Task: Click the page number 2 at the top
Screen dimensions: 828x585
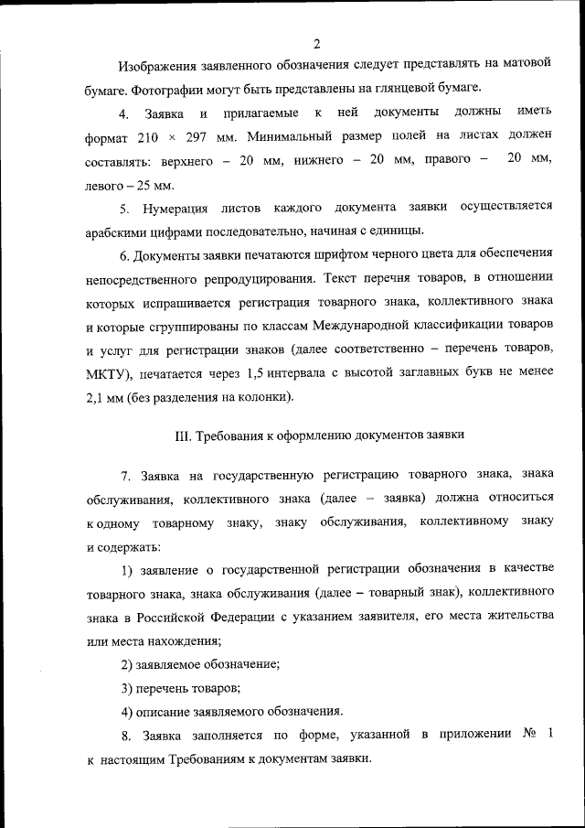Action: (316, 43)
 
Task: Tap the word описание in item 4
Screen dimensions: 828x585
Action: (163, 712)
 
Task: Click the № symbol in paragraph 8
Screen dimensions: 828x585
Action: (528, 736)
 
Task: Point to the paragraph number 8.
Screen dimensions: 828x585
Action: (126, 736)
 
